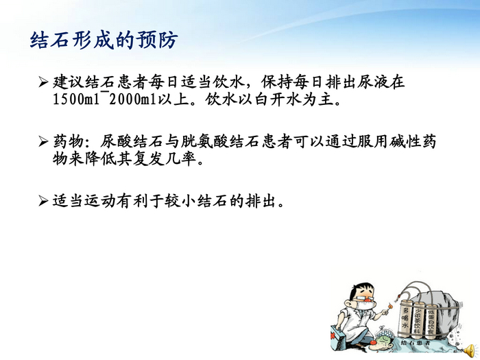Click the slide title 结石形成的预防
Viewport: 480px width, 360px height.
[x=104, y=40]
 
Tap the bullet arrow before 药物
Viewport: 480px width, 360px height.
[x=45, y=142]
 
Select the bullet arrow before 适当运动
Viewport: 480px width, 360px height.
[x=45, y=202]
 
